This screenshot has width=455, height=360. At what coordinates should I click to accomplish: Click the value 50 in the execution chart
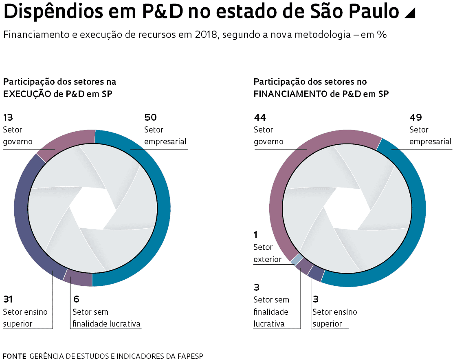[150, 117]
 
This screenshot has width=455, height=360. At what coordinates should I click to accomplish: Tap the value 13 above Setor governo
[8, 117]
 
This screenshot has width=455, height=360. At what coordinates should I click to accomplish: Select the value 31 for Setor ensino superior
[8, 299]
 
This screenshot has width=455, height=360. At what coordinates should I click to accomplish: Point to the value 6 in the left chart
[76, 299]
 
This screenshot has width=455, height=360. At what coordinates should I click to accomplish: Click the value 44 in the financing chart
[260, 117]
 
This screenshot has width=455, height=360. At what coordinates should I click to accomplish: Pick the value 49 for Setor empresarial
[415, 117]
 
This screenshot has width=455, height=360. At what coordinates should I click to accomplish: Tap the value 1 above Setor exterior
[256, 235]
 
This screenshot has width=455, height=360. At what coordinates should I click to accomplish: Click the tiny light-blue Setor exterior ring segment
[297, 259]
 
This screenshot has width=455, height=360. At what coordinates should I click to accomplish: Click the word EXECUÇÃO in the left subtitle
[25, 94]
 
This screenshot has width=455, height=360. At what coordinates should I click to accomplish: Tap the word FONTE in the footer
[14, 356]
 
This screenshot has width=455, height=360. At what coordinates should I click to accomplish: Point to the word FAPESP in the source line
[190, 356]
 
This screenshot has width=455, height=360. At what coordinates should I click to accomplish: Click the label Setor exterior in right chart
[267, 253]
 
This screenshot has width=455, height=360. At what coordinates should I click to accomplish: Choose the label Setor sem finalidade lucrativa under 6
[106, 318]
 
